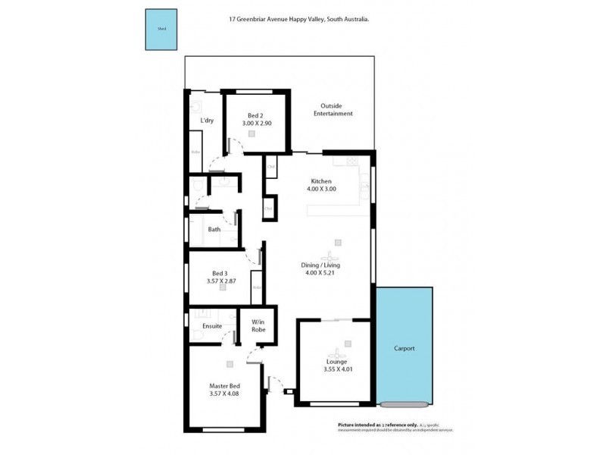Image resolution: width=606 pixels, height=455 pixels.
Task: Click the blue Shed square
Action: (161, 30)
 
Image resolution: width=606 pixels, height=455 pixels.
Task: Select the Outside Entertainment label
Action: (336, 110)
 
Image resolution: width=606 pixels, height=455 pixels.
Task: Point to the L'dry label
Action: (206, 121)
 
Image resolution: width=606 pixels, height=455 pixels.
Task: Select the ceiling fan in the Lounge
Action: (336, 351)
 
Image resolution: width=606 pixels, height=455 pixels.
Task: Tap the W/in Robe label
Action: (258, 325)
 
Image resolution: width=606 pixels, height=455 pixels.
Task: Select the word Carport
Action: (405, 349)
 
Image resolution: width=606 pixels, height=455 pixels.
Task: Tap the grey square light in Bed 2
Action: (252, 133)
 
